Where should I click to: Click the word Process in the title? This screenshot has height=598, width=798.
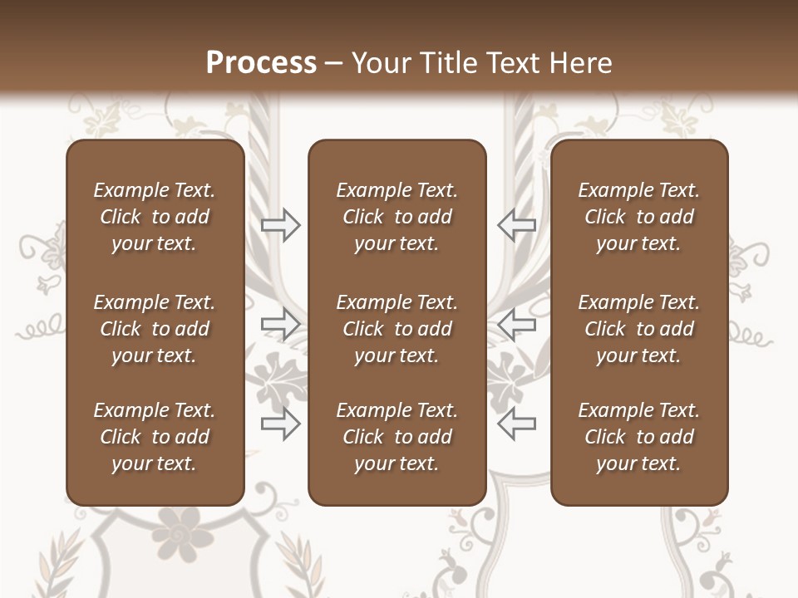pos(261,63)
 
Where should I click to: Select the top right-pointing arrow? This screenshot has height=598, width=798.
pos(281,225)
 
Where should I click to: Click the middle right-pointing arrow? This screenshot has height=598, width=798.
pos(281,325)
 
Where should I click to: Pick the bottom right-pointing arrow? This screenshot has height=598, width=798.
pos(281,424)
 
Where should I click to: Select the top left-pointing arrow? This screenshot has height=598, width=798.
pos(516,225)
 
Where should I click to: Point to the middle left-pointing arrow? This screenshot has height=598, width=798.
pos(516,325)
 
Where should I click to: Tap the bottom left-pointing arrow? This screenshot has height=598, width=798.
pos(516,424)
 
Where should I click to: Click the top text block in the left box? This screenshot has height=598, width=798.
pos(155,217)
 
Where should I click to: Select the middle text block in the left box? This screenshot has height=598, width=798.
pos(155,329)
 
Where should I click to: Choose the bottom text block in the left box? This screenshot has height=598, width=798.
pos(155,437)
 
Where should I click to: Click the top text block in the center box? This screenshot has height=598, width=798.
pos(397,217)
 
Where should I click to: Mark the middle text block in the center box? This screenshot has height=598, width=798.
pos(397,329)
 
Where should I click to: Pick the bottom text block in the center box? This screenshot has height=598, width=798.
pos(397,437)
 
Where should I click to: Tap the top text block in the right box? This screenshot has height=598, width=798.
pos(638,217)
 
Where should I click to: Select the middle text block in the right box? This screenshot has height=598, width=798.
pos(638,329)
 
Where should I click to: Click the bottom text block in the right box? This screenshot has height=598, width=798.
pos(638,437)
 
